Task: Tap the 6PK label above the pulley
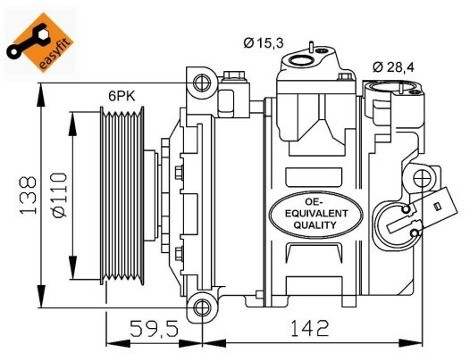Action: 122,96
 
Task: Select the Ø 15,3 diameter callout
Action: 263,43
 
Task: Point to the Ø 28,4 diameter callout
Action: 393,67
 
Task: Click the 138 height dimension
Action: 28,196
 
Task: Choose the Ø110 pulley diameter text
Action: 59,195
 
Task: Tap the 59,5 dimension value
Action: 154,328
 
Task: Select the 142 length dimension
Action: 310,328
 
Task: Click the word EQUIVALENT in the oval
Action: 316,213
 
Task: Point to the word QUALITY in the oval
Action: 315,225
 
